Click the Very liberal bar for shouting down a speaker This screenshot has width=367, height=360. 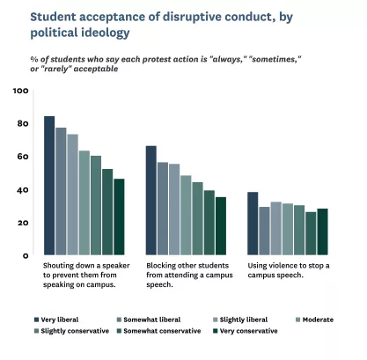click(49, 186)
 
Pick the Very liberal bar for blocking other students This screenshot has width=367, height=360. click(151, 201)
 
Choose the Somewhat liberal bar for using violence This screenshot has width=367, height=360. click(264, 231)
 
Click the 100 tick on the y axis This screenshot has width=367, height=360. click(21, 91)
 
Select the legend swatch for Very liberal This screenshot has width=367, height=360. click(36, 319)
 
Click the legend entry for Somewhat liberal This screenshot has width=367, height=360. click(151, 319)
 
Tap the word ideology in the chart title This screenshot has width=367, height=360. click(105, 32)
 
